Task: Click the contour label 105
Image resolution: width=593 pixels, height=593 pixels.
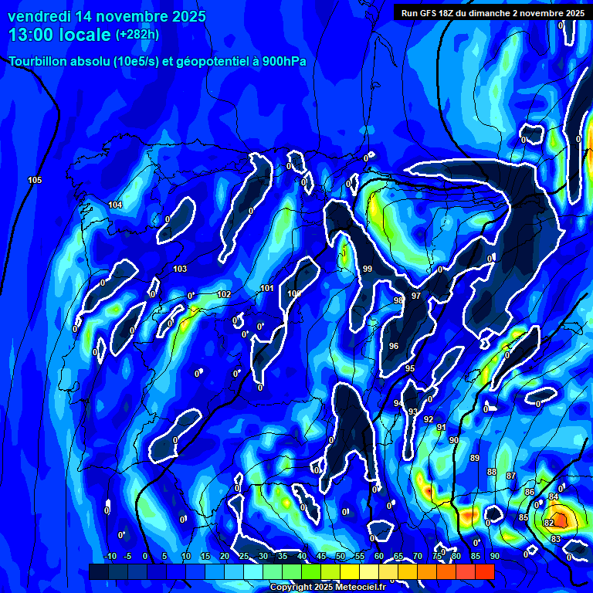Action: tap(35, 180)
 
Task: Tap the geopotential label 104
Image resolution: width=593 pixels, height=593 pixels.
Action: tap(115, 205)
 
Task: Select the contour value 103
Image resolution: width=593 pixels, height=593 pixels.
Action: tap(180, 269)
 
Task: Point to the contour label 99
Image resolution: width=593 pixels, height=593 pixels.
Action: tap(368, 269)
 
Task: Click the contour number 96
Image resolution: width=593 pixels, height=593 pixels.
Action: tap(394, 346)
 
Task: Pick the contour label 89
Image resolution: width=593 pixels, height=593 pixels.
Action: tap(475, 458)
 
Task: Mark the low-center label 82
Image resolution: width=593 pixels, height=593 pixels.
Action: tap(549, 523)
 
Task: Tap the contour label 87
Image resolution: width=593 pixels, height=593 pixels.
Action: tap(510, 476)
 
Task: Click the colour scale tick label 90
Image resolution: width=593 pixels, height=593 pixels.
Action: tap(494, 556)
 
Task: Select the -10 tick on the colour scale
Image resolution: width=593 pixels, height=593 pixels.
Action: tap(110, 556)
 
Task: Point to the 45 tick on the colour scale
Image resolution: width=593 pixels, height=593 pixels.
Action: tap(321, 556)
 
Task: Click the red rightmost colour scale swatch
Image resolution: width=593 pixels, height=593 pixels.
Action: tap(485, 571)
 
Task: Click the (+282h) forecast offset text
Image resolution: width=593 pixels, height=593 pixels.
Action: tap(138, 35)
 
